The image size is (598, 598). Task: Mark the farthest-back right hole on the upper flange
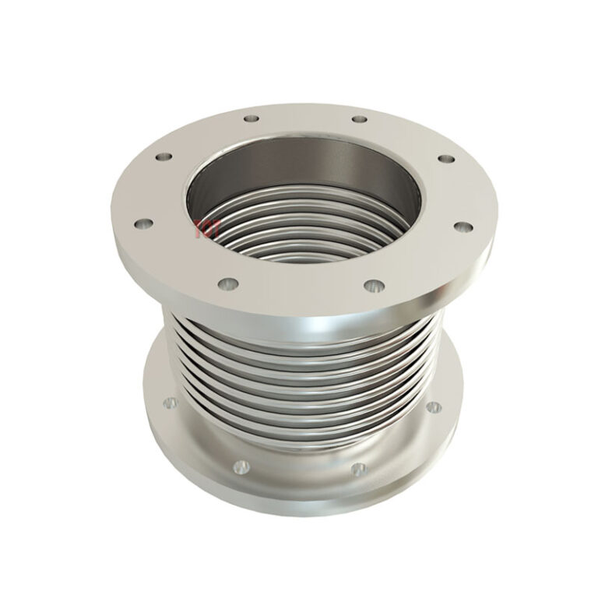[x=359, y=119]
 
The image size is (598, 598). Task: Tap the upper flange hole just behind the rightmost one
[x=445, y=159]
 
